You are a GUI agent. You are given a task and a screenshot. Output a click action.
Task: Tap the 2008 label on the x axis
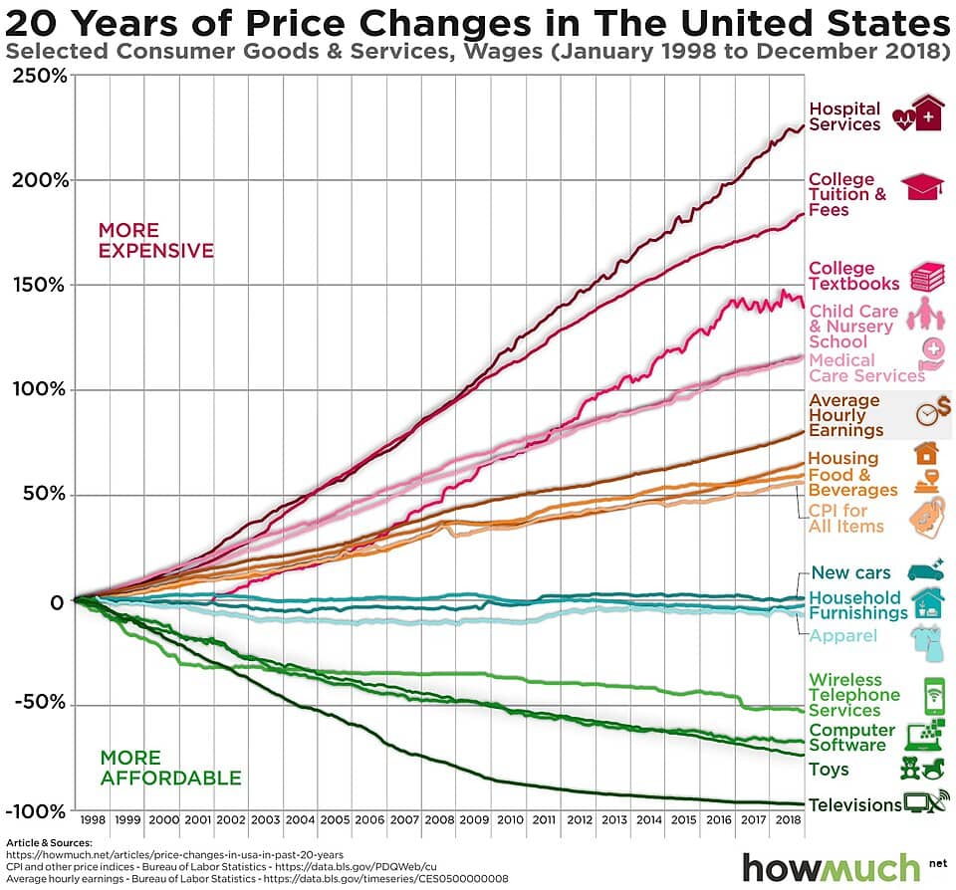pos(439,819)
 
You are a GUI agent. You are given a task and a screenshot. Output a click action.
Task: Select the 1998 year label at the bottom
pos(93,819)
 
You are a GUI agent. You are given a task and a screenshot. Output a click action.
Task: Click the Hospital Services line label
pos(844,116)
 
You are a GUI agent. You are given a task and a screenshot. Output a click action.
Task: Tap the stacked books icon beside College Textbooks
pos(927,276)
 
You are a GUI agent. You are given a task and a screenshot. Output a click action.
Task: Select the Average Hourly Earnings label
pos(845,415)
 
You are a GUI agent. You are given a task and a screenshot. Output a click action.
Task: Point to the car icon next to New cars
pos(926,570)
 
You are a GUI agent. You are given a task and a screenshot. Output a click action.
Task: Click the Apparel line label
pos(842,636)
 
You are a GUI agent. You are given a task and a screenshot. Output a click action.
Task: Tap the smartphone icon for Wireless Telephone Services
pos(933,695)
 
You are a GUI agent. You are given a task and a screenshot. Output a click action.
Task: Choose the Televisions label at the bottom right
pos(853,804)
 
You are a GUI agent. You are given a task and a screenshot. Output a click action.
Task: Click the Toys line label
pos(829,770)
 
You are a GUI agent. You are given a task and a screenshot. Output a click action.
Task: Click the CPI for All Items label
pos(845,518)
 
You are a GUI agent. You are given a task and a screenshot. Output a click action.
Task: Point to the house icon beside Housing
pos(926,454)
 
